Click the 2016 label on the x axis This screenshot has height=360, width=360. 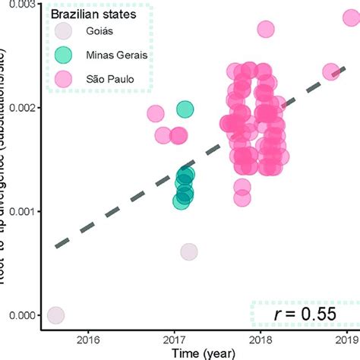(x=89, y=339)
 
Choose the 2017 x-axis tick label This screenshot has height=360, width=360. (x=175, y=339)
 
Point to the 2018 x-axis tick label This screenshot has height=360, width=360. (x=261, y=339)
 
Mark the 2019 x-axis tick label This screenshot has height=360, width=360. (x=347, y=339)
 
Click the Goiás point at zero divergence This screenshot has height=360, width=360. (x=55, y=314)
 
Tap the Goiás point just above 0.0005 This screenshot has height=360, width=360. (x=188, y=251)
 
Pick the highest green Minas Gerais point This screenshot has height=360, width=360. (x=185, y=110)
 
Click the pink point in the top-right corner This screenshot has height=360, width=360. (x=351, y=17)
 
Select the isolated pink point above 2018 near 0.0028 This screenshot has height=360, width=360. (x=265, y=30)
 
